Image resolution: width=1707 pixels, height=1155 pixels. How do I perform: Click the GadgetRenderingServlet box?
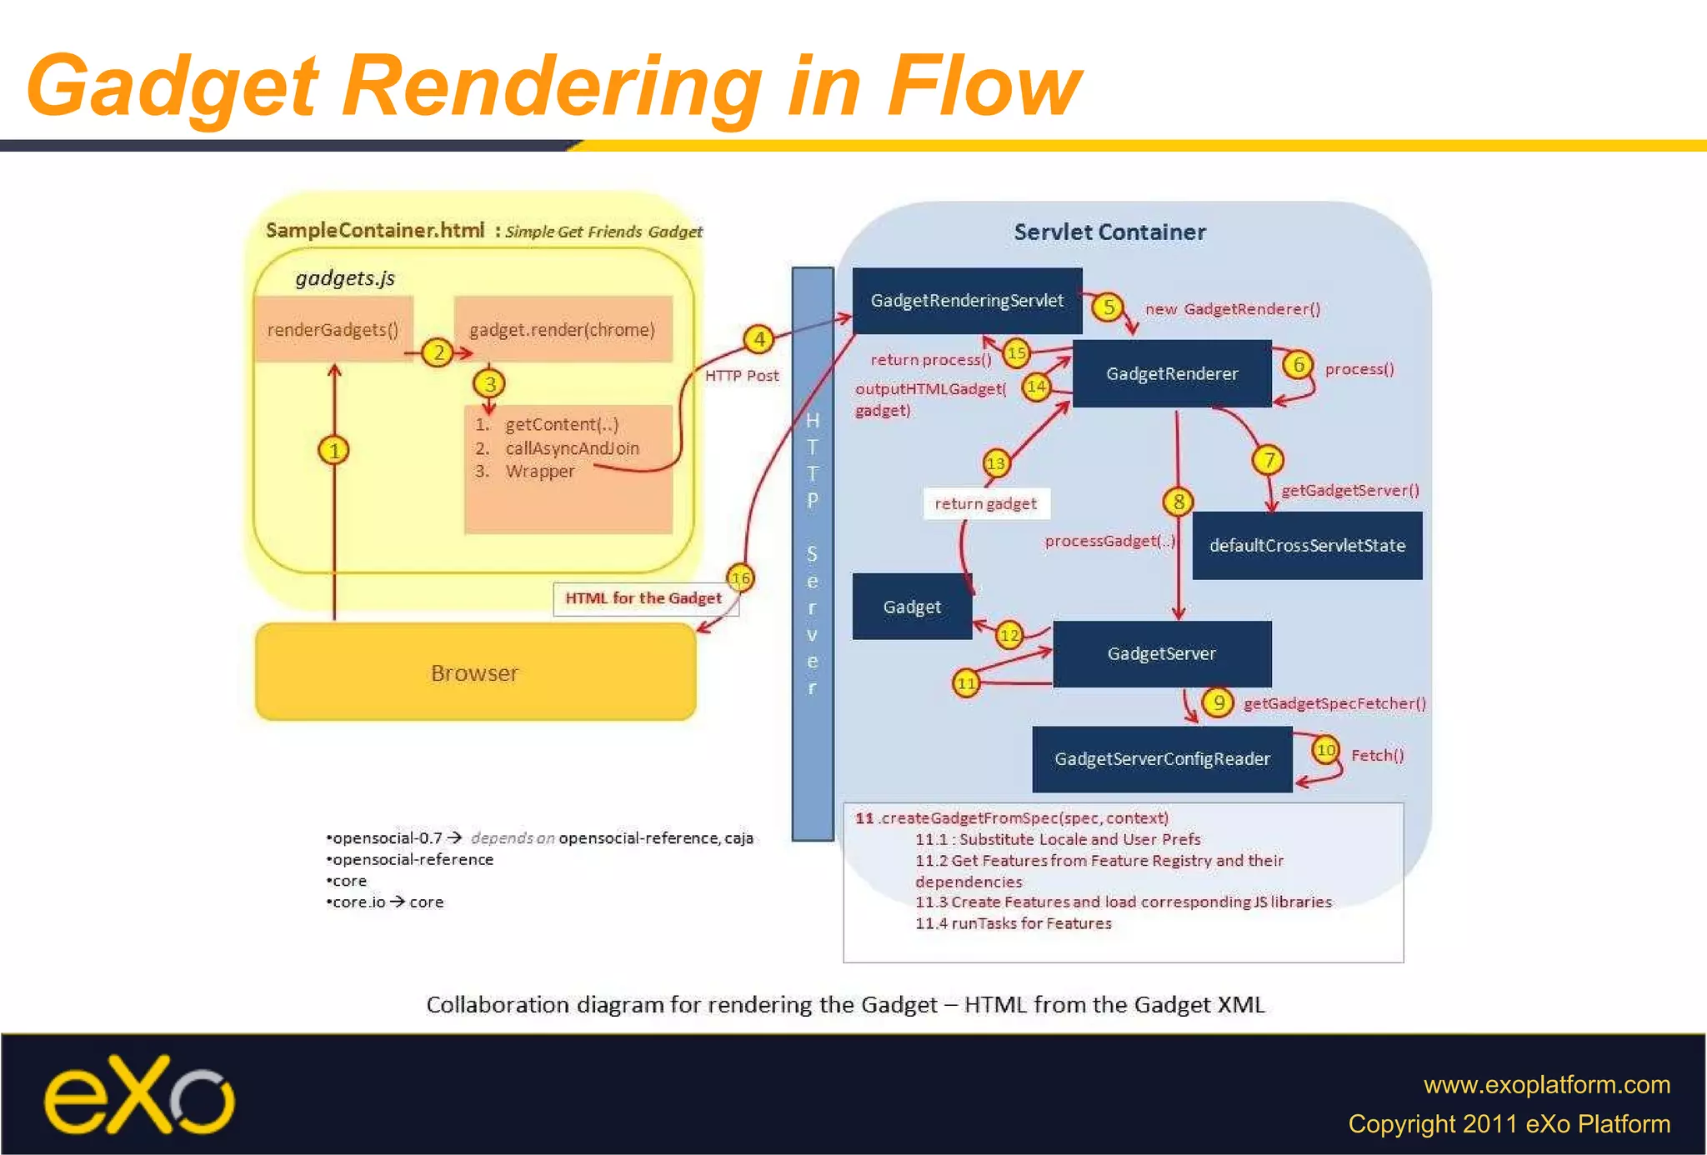967,301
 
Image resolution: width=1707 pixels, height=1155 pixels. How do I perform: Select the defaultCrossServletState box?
1307,546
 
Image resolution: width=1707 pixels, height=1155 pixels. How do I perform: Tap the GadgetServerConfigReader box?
1162,759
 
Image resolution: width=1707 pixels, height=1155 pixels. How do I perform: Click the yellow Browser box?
475,672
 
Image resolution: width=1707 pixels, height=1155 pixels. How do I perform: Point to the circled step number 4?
758,339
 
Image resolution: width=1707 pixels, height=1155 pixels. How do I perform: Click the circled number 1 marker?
333,451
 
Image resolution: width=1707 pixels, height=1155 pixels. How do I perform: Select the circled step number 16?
740,577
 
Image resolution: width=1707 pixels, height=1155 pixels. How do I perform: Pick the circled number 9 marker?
1218,702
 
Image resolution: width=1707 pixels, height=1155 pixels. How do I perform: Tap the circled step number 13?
995,463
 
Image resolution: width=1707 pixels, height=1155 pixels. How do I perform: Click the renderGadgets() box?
333,330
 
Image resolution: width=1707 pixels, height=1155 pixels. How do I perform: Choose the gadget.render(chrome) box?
563,330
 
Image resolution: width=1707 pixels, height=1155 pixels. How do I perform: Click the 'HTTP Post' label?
742,376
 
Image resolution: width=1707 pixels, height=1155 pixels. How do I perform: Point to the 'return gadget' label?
985,503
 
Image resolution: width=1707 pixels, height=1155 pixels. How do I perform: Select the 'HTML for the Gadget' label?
643,598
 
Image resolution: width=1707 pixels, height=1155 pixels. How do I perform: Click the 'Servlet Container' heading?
1109,232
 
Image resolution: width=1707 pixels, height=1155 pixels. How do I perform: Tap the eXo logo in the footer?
139,1096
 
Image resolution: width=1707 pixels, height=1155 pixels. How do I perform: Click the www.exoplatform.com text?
1546,1085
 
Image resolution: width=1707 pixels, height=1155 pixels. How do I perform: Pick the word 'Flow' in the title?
984,86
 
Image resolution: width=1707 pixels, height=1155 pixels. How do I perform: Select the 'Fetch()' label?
1377,756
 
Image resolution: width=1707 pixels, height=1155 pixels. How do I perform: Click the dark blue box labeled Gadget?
912,607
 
